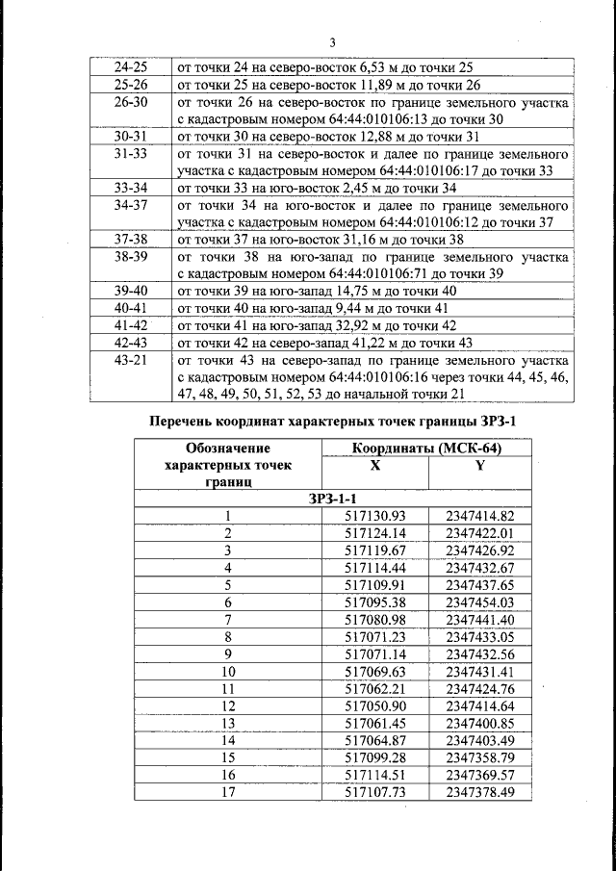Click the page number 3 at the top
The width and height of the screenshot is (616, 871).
coord(332,42)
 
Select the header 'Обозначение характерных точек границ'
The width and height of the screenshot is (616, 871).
coord(228,465)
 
